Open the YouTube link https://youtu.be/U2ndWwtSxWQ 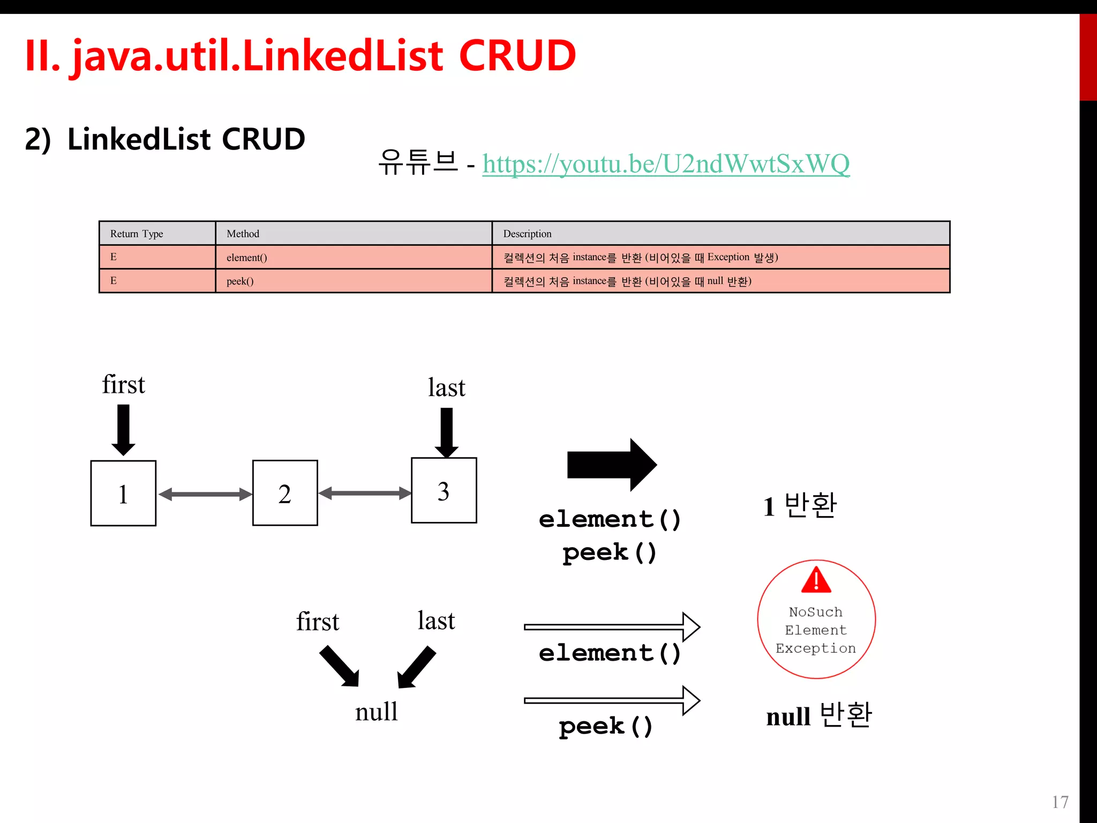pos(665,164)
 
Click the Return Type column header pos(137,234)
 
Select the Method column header pos(243,234)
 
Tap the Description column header pos(527,234)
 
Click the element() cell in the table pos(246,258)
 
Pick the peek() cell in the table pos(240,281)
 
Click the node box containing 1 pos(123,493)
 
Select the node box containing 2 pos(285,493)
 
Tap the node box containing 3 pos(444,490)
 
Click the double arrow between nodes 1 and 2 pos(205,494)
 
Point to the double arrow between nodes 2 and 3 pos(364,493)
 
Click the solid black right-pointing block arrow pos(612,465)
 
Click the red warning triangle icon pos(816,580)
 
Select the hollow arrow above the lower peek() pos(612,700)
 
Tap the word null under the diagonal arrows pos(376,712)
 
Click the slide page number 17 pos(1060,802)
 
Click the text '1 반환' pos(800,506)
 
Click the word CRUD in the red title pos(517,55)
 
